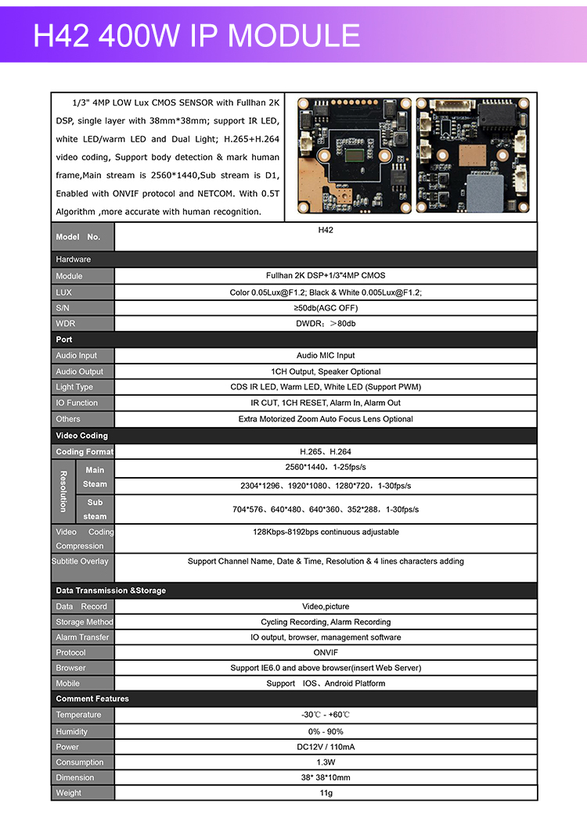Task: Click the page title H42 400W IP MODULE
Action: (196, 36)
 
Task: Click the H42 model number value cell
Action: (326, 231)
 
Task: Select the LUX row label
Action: (64, 292)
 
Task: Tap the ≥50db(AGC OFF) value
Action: (326, 308)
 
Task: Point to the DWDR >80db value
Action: (326, 324)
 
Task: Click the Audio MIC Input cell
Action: (326, 356)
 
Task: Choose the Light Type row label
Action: (74, 387)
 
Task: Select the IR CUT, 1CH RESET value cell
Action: (326, 404)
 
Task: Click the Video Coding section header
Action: (82, 436)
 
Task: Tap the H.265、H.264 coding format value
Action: (326, 452)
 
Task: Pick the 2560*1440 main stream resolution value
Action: (326, 468)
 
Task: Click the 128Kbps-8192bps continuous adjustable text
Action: (326, 533)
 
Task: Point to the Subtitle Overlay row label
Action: (81, 561)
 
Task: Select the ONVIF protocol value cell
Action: (326, 652)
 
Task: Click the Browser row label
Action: (71, 668)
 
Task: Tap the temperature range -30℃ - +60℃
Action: (326, 715)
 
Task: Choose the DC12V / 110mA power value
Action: (326, 747)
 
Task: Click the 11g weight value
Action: (326, 793)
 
